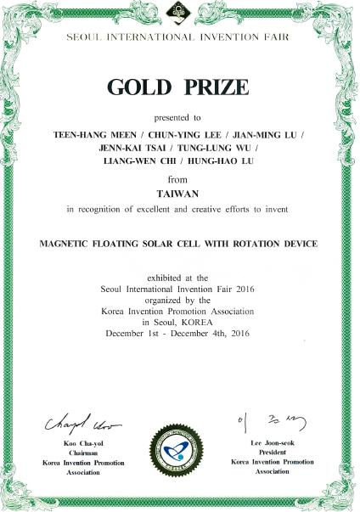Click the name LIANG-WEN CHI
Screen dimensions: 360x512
point(136,161)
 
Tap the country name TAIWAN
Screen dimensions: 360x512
point(179,193)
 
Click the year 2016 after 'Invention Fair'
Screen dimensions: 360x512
point(249,289)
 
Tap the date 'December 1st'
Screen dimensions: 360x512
point(133,333)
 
